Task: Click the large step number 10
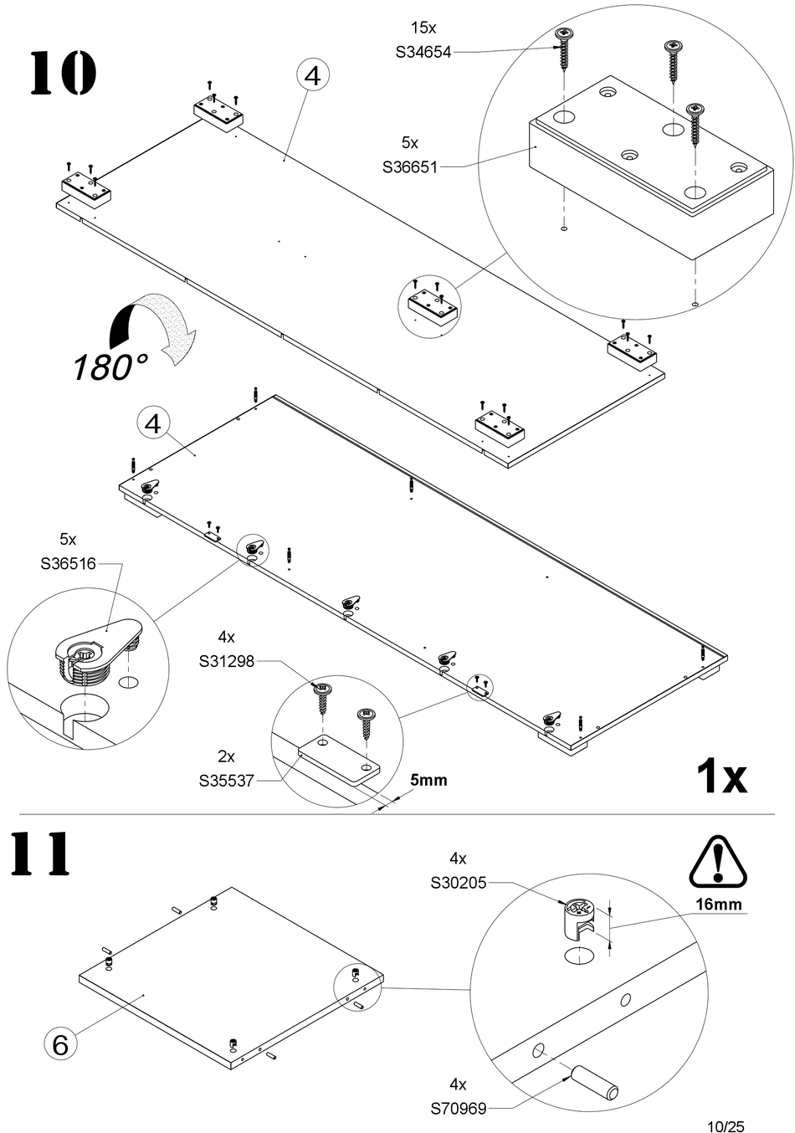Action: point(63,72)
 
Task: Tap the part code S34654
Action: point(423,52)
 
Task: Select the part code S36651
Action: point(410,167)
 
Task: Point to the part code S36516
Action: point(69,563)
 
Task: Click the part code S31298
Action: point(227,661)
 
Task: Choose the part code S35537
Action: point(226,781)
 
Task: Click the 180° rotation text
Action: point(111,367)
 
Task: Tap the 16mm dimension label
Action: point(719,904)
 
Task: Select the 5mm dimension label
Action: point(428,780)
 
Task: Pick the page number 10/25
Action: point(726,1126)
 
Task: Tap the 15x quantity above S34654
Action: point(423,28)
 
